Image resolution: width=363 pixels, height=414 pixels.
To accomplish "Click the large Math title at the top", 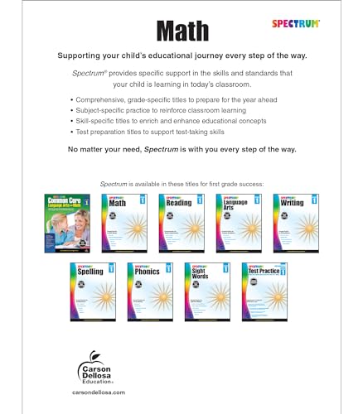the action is click(181, 31).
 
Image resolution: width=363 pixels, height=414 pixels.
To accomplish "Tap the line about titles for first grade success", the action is click(181, 182).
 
